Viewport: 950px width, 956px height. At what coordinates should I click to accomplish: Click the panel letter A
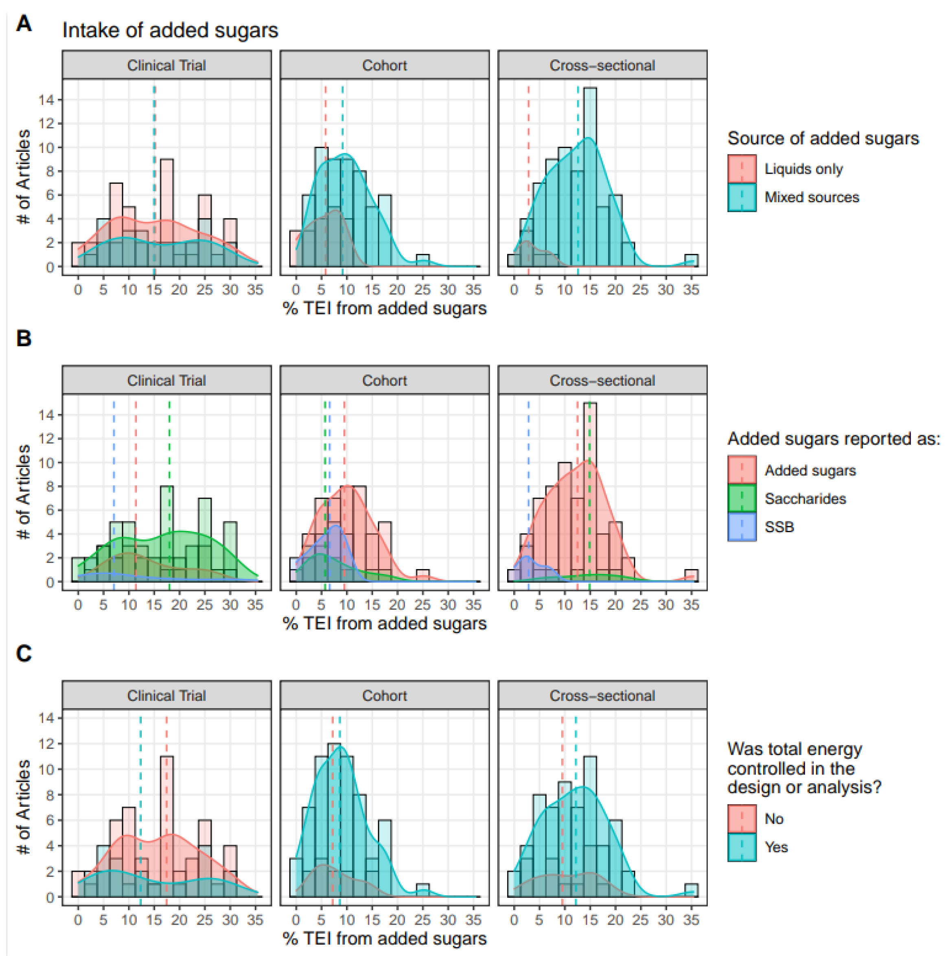tap(23, 23)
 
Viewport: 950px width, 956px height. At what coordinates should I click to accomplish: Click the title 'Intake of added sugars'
tap(170, 31)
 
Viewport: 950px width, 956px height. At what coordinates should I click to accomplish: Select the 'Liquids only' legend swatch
tap(741, 169)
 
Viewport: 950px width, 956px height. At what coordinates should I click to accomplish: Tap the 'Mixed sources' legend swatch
tap(741, 197)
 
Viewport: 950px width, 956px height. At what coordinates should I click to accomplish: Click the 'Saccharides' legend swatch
tap(741, 498)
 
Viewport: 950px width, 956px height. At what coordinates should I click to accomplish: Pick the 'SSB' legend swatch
tap(741, 526)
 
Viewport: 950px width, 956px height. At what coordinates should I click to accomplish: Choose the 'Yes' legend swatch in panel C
tap(741, 847)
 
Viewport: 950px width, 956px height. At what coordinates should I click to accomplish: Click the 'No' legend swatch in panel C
tap(741, 819)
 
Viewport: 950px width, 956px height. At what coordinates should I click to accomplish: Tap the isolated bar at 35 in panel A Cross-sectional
tap(691, 261)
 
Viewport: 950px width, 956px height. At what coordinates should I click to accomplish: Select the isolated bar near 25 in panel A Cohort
tap(422, 261)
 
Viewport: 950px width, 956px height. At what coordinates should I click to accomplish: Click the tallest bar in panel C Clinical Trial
tap(167, 826)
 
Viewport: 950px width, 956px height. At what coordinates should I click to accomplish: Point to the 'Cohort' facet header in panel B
tap(384, 380)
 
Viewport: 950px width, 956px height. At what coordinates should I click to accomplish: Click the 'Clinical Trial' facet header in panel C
tap(166, 696)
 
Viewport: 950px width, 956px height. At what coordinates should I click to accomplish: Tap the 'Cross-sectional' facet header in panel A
tap(602, 65)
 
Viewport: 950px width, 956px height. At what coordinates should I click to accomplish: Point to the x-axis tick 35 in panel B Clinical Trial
tap(255, 605)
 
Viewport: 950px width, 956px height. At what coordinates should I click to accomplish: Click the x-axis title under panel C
tap(384, 939)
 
